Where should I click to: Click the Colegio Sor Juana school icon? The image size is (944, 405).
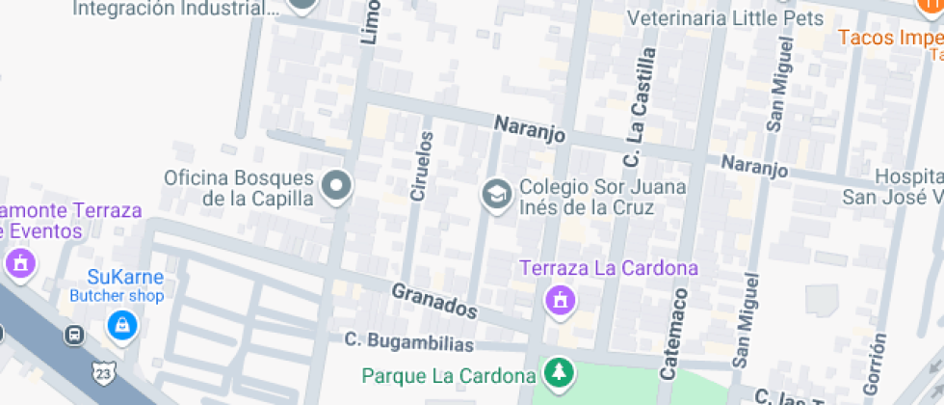[496, 194]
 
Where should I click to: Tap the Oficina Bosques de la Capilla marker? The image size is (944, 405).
[336, 186]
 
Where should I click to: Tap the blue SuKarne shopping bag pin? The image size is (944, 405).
[121, 325]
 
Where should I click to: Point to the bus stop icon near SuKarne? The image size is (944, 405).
[73, 335]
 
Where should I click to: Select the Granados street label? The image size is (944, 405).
[434, 301]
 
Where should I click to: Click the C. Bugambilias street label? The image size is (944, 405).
[409, 342]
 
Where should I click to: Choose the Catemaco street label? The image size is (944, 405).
[674, 332]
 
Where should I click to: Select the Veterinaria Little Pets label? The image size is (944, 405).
[725, 18]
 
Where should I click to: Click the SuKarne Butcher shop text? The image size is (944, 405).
[117, 286]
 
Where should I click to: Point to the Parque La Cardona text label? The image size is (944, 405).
[449, 374]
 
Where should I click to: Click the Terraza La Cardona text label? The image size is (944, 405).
[609, 268]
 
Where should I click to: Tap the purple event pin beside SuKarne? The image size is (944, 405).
[20, 262]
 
